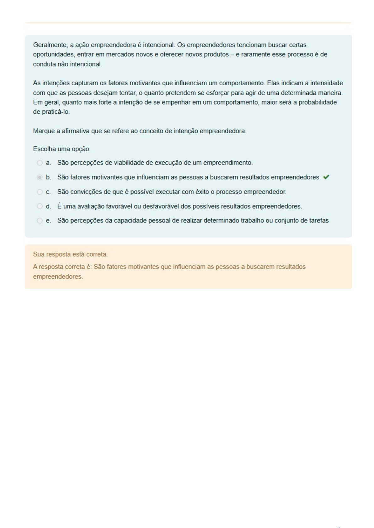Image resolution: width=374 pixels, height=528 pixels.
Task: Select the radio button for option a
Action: [40, 163]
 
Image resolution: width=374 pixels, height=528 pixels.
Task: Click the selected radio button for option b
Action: [40, 177]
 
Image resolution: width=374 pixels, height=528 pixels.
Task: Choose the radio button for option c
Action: [40, 192]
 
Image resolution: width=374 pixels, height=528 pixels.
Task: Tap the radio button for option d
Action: [40, 206]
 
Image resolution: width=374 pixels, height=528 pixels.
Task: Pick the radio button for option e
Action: [40, 221]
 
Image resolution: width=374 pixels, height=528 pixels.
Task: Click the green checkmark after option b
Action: [326, 177]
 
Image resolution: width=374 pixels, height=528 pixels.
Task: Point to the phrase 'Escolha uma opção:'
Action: [62, 149]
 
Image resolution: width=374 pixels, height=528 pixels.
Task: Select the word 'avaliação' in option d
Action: [89, 206]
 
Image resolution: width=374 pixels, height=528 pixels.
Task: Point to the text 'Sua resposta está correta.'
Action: [70, 254]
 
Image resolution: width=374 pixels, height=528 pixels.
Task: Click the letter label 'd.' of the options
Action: [48, 206]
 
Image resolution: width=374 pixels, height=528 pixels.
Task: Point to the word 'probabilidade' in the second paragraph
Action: [318, 102]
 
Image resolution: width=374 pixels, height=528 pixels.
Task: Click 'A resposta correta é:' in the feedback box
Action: [62, 267]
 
